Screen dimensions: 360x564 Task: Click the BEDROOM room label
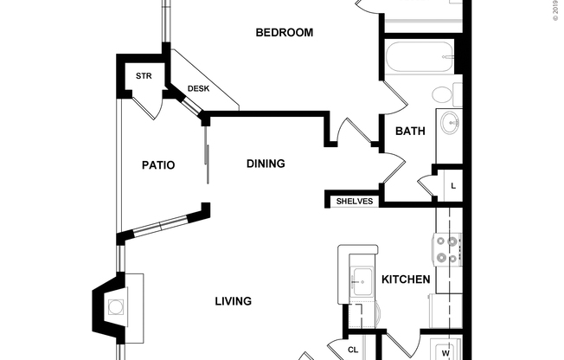point(284,33)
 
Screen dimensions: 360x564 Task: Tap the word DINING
point(266,164)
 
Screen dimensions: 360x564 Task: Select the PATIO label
point(158,164)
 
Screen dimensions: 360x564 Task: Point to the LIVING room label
point(233,302)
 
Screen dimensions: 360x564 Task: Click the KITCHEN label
point(406,280)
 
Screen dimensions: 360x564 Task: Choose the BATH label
point(410,132)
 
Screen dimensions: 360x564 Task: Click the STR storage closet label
point(144,75)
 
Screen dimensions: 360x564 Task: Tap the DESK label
point(198,88)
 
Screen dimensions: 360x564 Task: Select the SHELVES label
point(354,201)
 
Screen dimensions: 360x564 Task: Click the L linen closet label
point(452,186)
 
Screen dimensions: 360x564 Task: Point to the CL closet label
point(353,350)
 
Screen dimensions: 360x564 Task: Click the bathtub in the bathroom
point(419,57)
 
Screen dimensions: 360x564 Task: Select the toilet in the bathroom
point(443,94)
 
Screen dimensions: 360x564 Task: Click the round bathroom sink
point(449,125)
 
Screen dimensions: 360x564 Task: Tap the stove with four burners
point(447,249)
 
